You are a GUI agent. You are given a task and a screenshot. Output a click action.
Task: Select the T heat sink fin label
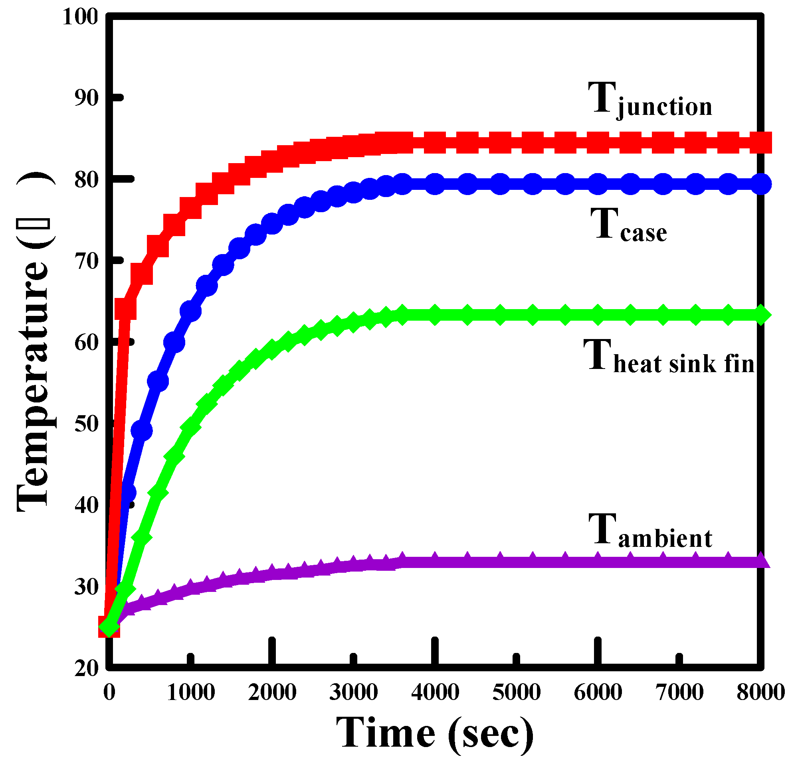click(x=668, y=356)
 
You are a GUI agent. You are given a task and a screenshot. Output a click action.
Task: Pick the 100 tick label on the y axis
click(x=80, y=17)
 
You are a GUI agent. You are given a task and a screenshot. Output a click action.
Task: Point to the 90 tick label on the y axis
click(x=86, y=98)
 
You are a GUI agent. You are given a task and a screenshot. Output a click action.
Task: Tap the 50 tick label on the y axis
click(x=86, y=424)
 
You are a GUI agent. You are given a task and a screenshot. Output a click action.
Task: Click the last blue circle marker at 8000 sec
click(x=760, y=184)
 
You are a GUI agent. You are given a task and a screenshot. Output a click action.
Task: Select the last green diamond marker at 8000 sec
click(x=760, y=315)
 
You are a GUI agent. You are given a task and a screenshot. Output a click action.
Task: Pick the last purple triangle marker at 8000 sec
click(x=760, y=561)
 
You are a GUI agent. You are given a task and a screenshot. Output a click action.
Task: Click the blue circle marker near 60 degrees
click(x=174, y=343)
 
